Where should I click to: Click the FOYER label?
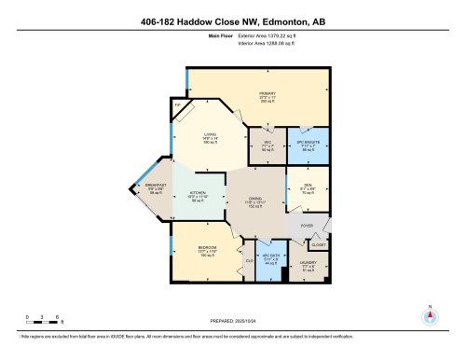coord(305,224)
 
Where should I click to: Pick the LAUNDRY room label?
coord(308,264)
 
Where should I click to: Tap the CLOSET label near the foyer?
coord(320,243)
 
